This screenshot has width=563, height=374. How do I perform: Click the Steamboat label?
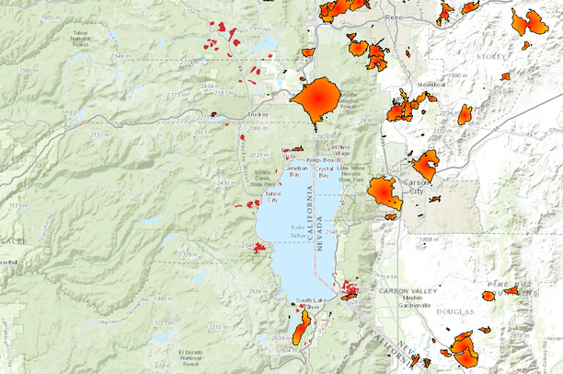tap(431, 85)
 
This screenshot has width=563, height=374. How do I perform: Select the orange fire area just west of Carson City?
tap(383, 193)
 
